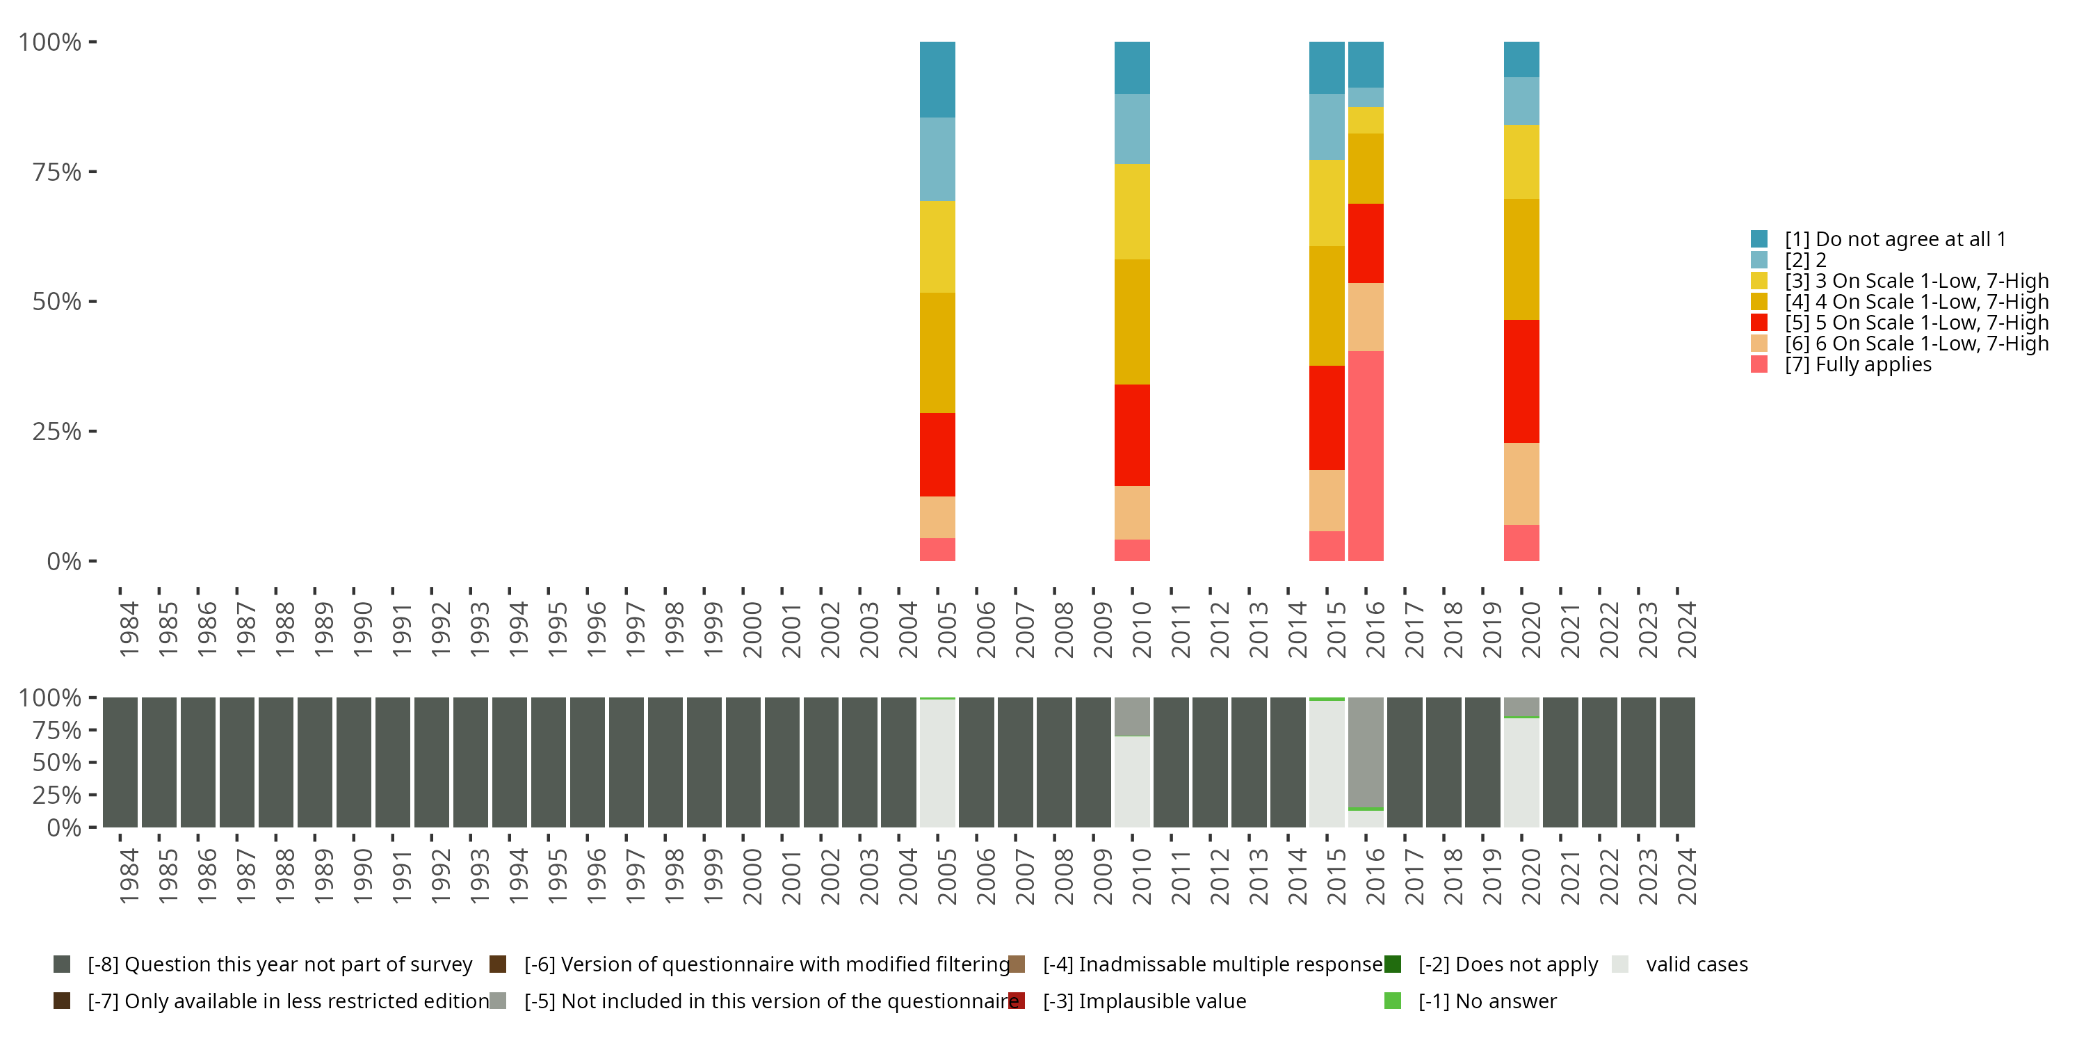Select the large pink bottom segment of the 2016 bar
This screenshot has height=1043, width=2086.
pyautogui.click(x=1366, y=456)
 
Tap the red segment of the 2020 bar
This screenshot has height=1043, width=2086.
pyautogui.click(x=1521, y=382)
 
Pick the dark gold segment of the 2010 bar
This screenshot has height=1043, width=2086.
pyautogui.click(x=1132, y=321)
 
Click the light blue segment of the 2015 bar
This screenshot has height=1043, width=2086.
pyautogui.click(x=1327, y=127)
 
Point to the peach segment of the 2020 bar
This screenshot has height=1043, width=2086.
pyautogui.click(x=1521, y=484)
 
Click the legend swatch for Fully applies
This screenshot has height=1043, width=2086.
pyautogui.click(x=1759, y=364)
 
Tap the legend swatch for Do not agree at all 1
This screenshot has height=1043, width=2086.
pyautogui.click(x=1759, y=239)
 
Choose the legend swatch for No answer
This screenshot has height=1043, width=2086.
pyautogui.click(x=1393, y=1001)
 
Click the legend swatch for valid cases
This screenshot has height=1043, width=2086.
pyautogui.click(x=1619, y=964)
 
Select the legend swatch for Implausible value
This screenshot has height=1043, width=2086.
pyautogui.click(x=1017, y=1001)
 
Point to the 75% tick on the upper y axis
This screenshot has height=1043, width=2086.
pyautogui.click(x=93, y=172)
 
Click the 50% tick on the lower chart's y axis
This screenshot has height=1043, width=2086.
pyautogui.click(x=93, y=762)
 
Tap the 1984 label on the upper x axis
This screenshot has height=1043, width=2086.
pyautogui.click(x=129, y=629)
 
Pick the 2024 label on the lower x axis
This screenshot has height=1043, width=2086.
pyautogui.click(x=1686, y=876)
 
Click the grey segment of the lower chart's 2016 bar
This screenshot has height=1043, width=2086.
pyautogui.click(x=1366, y=753)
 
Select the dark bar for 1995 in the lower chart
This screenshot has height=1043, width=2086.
pyautogui.click(x=548, y=762)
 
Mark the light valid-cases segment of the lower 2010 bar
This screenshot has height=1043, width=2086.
pyautogui.click(x=1132, y=782)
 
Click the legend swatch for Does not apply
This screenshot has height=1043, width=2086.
pyautogui.click(x=1393, y=964)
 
